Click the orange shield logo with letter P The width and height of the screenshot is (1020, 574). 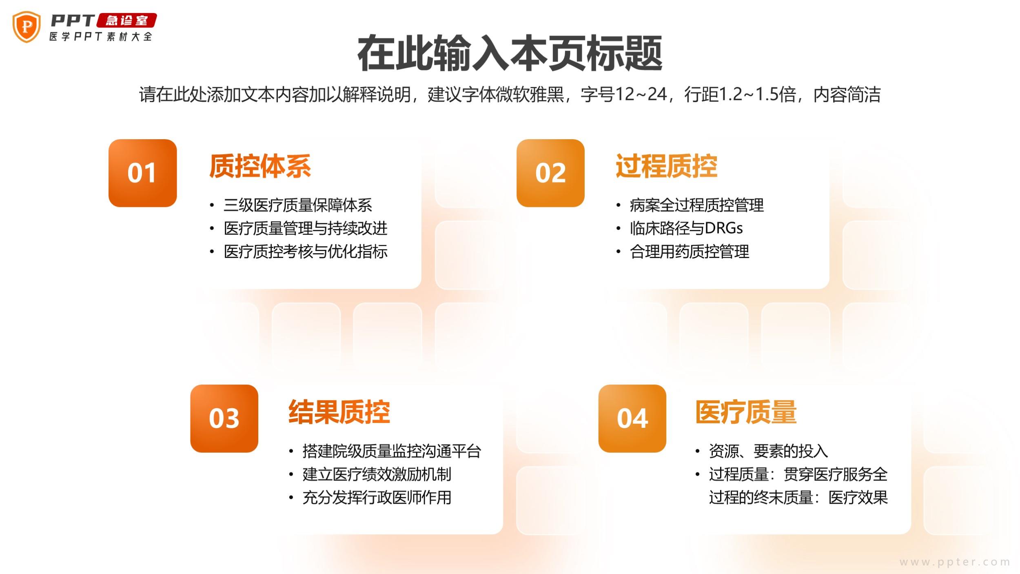point(27,27)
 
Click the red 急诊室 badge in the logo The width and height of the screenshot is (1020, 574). point(127,20)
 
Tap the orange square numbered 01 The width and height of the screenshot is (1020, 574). point(142,173)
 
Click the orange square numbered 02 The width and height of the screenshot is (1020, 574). point(550,173)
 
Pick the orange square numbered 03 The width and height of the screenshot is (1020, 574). point(224,418)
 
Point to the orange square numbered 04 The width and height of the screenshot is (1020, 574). point(632,418)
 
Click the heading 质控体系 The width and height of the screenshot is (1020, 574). point(260,166)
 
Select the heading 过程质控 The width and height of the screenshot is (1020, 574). point(667,166)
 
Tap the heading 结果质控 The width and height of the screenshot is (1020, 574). point(339,412)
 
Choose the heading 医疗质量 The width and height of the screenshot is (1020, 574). point(746,412)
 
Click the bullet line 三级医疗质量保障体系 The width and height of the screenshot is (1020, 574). point(298,205)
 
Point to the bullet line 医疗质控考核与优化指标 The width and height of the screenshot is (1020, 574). point(306,251)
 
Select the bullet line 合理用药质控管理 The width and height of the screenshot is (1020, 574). point(690,251)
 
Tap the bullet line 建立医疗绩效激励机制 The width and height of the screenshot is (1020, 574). point(377,474)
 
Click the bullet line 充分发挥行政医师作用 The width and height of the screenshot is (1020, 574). point(377,498)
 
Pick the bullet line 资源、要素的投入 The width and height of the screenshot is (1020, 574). point(769,451)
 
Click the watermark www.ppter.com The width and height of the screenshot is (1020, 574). point(955,562)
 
